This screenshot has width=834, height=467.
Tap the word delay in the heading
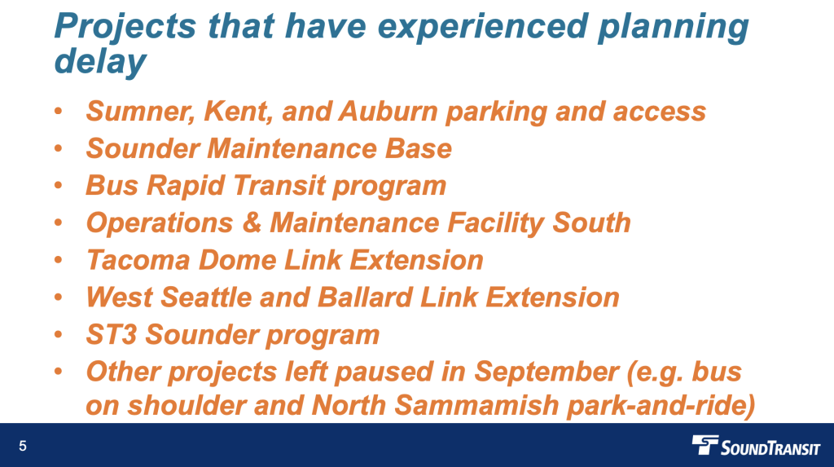100,60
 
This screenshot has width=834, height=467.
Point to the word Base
418,148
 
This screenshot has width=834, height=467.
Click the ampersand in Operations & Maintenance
252,223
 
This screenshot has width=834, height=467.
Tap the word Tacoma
138,260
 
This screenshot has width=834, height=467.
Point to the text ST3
112,335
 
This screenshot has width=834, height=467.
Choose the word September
546,372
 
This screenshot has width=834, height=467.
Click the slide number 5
22,447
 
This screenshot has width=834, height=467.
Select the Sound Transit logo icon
705,445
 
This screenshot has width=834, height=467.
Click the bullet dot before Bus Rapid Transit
59,186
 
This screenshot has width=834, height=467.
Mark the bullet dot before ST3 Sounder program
59,335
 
